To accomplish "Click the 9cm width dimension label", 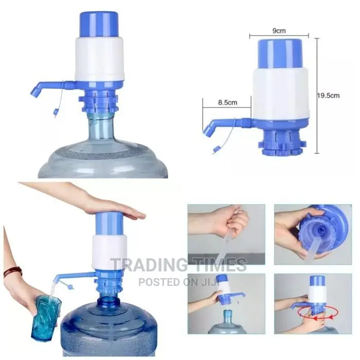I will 279,31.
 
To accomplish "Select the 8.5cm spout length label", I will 227,102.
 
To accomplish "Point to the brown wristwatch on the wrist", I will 12,271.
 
